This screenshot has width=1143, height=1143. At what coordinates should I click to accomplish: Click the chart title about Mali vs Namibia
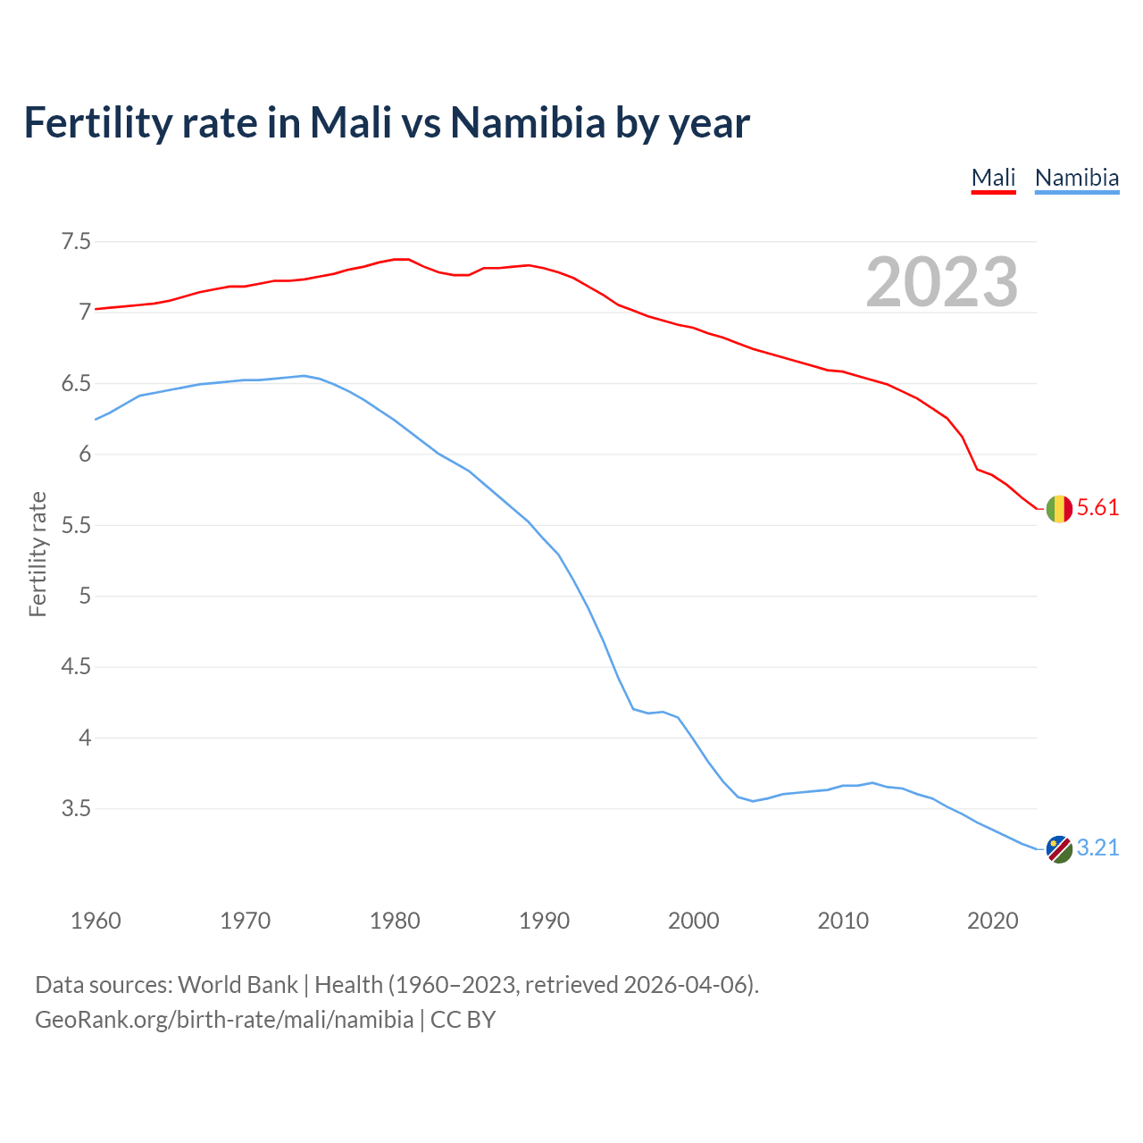point(386,122)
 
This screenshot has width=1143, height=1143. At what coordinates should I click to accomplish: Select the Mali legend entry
point(993,178)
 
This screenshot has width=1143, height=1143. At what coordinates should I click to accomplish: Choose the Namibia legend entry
point(1076,178)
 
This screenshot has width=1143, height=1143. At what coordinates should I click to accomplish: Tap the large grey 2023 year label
point(942,282)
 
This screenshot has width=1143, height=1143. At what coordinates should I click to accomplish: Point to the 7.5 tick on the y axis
point(76,242)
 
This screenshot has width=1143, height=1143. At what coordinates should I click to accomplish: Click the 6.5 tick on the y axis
point(76,384)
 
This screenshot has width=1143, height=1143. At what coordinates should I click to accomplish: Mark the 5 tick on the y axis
point(85,596)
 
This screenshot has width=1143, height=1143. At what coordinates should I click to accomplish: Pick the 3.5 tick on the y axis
point(76,809)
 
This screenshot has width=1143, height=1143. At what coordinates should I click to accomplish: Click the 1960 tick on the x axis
point(96,921)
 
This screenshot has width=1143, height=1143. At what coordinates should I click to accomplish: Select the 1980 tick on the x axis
point(395,921)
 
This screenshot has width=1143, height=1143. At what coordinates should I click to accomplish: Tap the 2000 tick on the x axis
point(694,921)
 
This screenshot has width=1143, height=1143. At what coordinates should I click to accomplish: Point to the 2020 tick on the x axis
point(992,921)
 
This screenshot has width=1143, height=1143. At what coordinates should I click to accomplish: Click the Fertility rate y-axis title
point(38,554)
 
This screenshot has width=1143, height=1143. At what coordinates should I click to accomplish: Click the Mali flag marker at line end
point(1058,509)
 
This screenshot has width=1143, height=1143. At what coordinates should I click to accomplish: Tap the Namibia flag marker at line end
point(1058,848)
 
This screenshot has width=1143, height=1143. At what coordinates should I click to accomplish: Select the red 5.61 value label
point(1097,508)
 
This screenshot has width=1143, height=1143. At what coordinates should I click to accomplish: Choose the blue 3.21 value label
point(1097,847)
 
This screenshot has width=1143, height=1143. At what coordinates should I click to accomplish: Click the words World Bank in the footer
point(238,985)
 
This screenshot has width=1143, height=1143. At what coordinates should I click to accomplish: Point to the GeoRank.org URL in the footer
point(224,1020)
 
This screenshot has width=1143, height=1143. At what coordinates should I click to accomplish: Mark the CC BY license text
point(463,1020)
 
